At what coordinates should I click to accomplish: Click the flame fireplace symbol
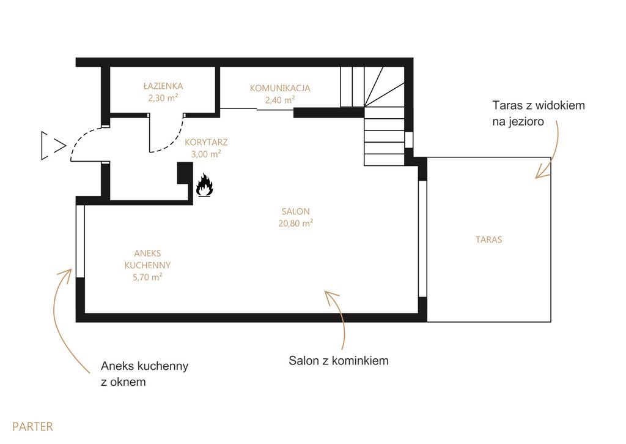(x=204, y=185)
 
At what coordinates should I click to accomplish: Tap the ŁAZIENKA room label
(x=163, y=86)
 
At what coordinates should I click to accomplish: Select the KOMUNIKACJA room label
(x=280, y=88)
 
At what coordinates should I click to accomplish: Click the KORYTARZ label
(x=206, y=142)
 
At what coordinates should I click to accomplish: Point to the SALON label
(x=295, y=211)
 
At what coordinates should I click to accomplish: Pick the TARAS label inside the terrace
(x=488, y=239)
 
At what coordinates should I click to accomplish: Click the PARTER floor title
(x=32, y=426)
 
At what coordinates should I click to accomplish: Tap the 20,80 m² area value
(x=295, y=223)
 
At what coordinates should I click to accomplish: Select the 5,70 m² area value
(x=147, y=277)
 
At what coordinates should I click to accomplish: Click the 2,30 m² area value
(x=163, y=97)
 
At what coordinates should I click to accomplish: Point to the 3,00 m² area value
(x=206, y=154)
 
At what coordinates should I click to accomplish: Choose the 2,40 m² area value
(x=280, y=100)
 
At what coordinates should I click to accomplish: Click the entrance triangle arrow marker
(x=53, y=146)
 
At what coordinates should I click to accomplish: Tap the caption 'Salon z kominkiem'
(x=339, y=360)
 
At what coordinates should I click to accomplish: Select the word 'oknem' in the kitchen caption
(x=128, y=382)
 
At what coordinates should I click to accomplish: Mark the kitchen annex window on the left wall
(x=80, y=241)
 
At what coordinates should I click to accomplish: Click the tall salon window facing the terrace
(x=422, y=239)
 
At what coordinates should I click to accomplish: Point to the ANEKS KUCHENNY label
(x=147, y=259)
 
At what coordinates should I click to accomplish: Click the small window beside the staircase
(x=409, y=140)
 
